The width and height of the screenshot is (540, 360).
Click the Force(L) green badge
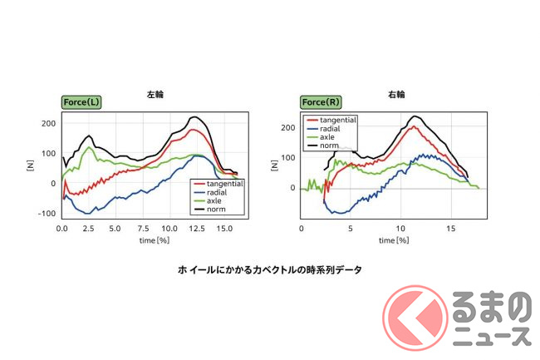(81, 102)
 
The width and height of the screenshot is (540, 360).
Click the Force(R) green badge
(321, 102)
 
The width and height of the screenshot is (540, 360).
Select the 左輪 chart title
(155, 95)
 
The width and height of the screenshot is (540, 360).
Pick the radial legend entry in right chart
(332, 129)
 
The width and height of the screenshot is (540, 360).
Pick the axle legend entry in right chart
(329, 138)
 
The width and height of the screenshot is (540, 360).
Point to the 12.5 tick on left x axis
(196, 228)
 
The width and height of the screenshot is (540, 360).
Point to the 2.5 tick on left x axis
(88, 228)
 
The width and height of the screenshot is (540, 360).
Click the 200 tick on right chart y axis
(288, 127)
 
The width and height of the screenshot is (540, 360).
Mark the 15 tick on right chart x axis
(450, 228)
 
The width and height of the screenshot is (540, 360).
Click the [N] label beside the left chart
(30, 166)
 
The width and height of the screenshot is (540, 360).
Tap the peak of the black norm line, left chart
(194, 117)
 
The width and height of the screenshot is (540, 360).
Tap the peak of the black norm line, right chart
(415, 116)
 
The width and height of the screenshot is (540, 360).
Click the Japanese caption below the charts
(270, 269)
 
